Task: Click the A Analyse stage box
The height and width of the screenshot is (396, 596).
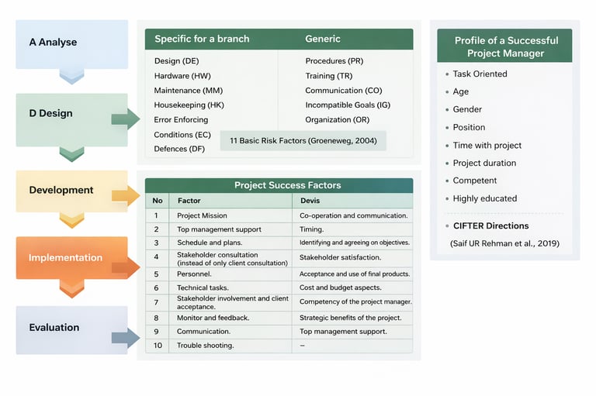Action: coord(71,43)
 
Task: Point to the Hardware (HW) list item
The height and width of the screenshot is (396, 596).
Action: coord(182,75)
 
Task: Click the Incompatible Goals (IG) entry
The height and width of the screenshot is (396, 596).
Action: coord(348,105)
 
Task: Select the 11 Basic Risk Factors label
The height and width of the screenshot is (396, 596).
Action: coord(303,140)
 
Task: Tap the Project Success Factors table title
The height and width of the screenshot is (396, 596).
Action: coord(288,185)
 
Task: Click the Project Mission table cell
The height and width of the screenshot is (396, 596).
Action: coord(202,215)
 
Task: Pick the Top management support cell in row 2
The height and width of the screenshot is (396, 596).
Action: coord(219,229)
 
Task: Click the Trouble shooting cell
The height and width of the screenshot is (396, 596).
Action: coord(205,345)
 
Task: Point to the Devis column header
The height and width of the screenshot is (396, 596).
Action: coord(310,201)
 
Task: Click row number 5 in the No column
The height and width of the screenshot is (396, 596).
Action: coord(156,274)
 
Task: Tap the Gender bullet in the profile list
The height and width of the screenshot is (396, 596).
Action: coord(468,109)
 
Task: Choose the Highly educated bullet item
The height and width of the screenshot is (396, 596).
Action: coord(485,198)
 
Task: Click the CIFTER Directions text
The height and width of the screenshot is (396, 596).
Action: coord(490,226)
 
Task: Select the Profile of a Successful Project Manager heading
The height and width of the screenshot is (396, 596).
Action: coord(505,46)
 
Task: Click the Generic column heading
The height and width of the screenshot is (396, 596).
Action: coord(323,39)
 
